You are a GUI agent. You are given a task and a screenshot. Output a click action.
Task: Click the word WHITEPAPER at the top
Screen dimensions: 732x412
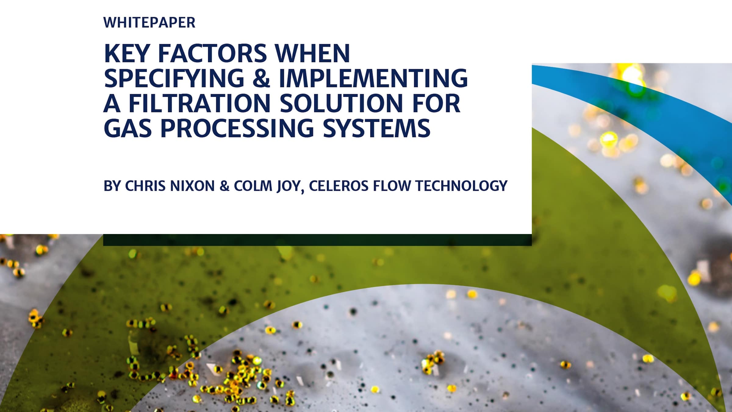click(149, 23)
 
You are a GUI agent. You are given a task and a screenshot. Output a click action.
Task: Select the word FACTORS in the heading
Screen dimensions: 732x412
click(213, 53)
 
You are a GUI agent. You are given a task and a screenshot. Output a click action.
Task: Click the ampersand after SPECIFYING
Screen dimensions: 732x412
click(261, 78)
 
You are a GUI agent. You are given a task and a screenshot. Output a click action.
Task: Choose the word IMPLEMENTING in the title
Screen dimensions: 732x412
click(373, 78)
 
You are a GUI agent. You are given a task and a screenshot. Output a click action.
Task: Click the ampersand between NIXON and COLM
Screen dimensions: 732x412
click(224, 186)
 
